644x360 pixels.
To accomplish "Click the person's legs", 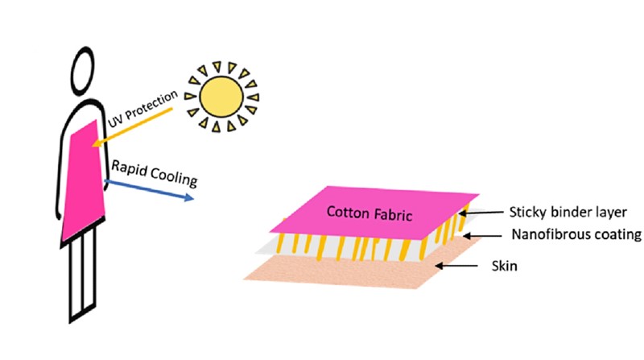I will (x=82, y=274).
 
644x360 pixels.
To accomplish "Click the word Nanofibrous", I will (x=548, y=236).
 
